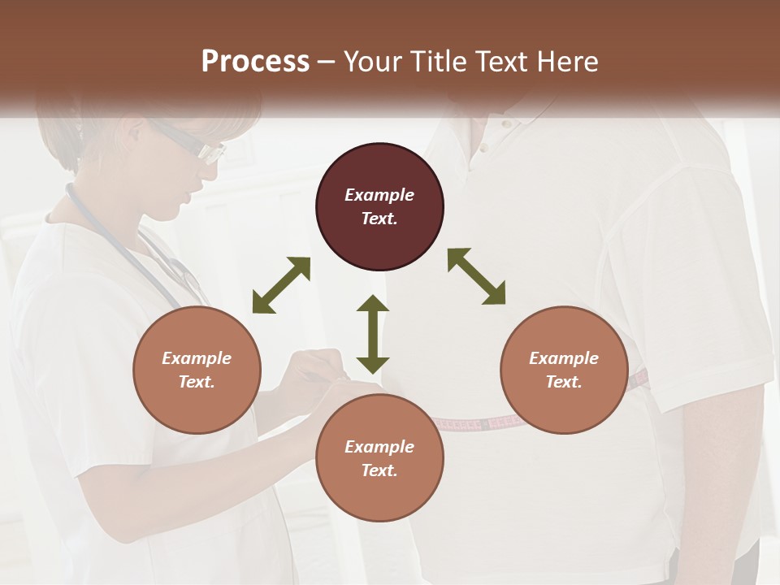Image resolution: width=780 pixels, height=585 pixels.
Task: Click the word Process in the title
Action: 255,61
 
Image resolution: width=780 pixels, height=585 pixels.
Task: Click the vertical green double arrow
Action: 373,334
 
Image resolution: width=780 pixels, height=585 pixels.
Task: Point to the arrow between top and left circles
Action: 281,284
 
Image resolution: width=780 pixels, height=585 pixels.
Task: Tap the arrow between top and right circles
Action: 477,276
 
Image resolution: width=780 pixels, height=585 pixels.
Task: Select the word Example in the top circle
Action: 379,195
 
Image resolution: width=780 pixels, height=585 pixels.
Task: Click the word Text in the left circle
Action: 197,382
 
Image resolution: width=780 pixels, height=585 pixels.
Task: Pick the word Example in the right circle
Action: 564,358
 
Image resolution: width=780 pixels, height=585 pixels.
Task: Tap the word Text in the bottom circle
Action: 379,470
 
